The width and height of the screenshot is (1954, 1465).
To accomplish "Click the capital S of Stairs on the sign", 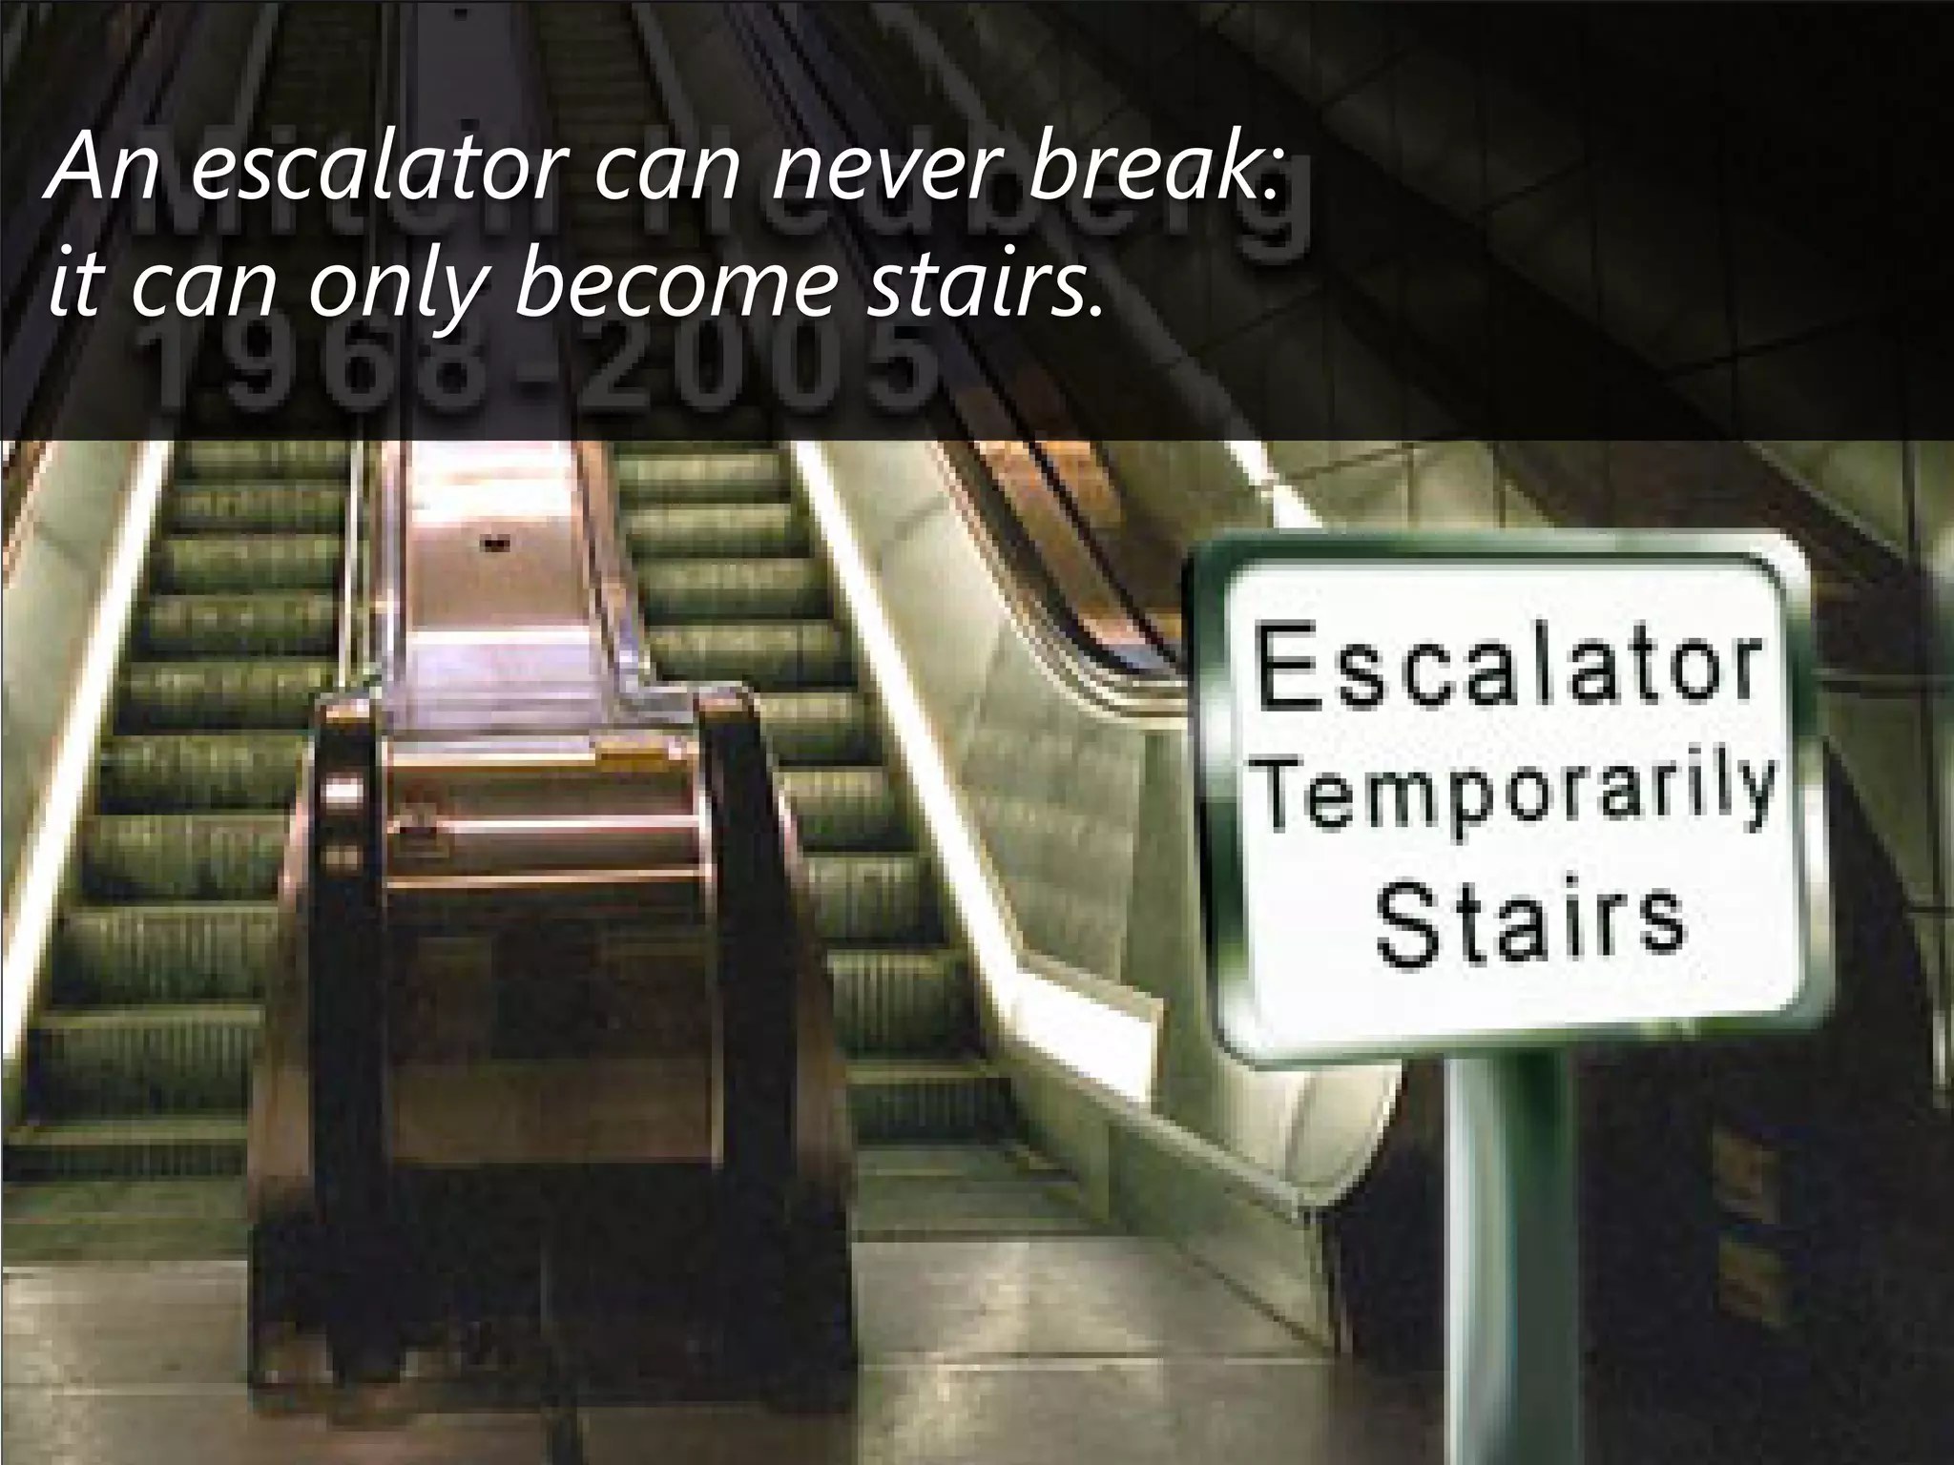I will (x=1408, y=923).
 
